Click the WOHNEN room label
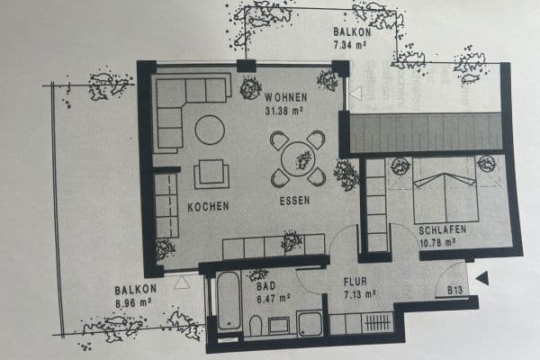pos(286,97)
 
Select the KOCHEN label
pos(208,206)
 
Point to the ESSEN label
pos(294,201)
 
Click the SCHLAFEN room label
pos(443,230)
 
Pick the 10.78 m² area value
pos(443,242)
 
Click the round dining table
pos(298,159)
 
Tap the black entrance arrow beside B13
pos(482,279)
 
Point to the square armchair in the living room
pos(211,173)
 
